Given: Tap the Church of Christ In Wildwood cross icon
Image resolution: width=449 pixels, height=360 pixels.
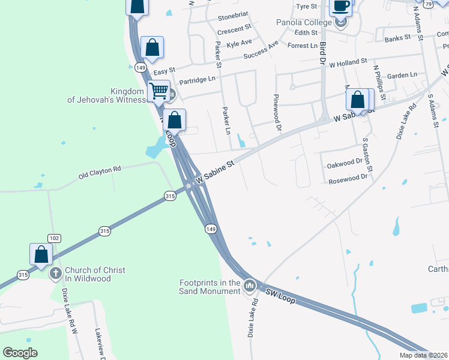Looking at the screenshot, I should coord(55,274).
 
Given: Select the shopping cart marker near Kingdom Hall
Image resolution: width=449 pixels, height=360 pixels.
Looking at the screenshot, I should coord(158,92).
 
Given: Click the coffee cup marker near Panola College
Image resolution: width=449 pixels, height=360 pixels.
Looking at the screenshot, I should coord(341,7).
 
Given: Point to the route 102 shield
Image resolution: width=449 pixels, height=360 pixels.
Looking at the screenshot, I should coord(54,238).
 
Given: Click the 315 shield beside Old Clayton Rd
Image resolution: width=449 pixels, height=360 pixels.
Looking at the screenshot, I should coord(170,196).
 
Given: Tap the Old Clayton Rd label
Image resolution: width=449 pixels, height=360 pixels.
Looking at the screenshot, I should coord(100,173).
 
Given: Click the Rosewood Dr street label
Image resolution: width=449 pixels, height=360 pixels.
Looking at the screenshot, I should coord(348,178).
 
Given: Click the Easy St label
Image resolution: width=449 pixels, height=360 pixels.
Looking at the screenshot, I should coord(164,71).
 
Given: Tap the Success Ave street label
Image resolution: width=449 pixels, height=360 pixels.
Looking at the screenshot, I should coord(261,52).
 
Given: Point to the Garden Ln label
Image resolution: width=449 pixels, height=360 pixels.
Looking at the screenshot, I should coord(402,76).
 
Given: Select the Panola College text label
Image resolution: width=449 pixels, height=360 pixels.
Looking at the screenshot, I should coord(304,22).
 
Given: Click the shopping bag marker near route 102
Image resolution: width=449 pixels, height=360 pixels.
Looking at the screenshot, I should coord(41,254).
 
